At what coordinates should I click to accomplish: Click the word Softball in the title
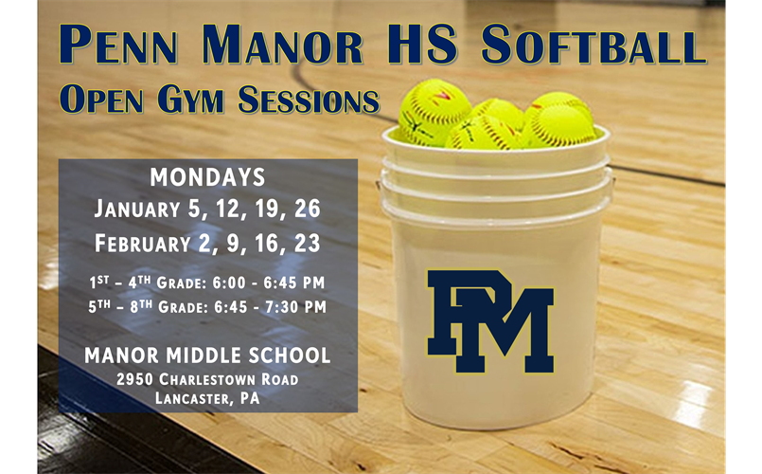pyautogui.click(x=593, y=46)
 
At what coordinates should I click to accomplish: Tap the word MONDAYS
pyautogui.click(x=207, y=177)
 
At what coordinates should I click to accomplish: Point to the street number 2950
pyautogui.click(x=134, y=379)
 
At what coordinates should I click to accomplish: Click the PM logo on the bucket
pyautogui.click(x=488, y=320)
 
